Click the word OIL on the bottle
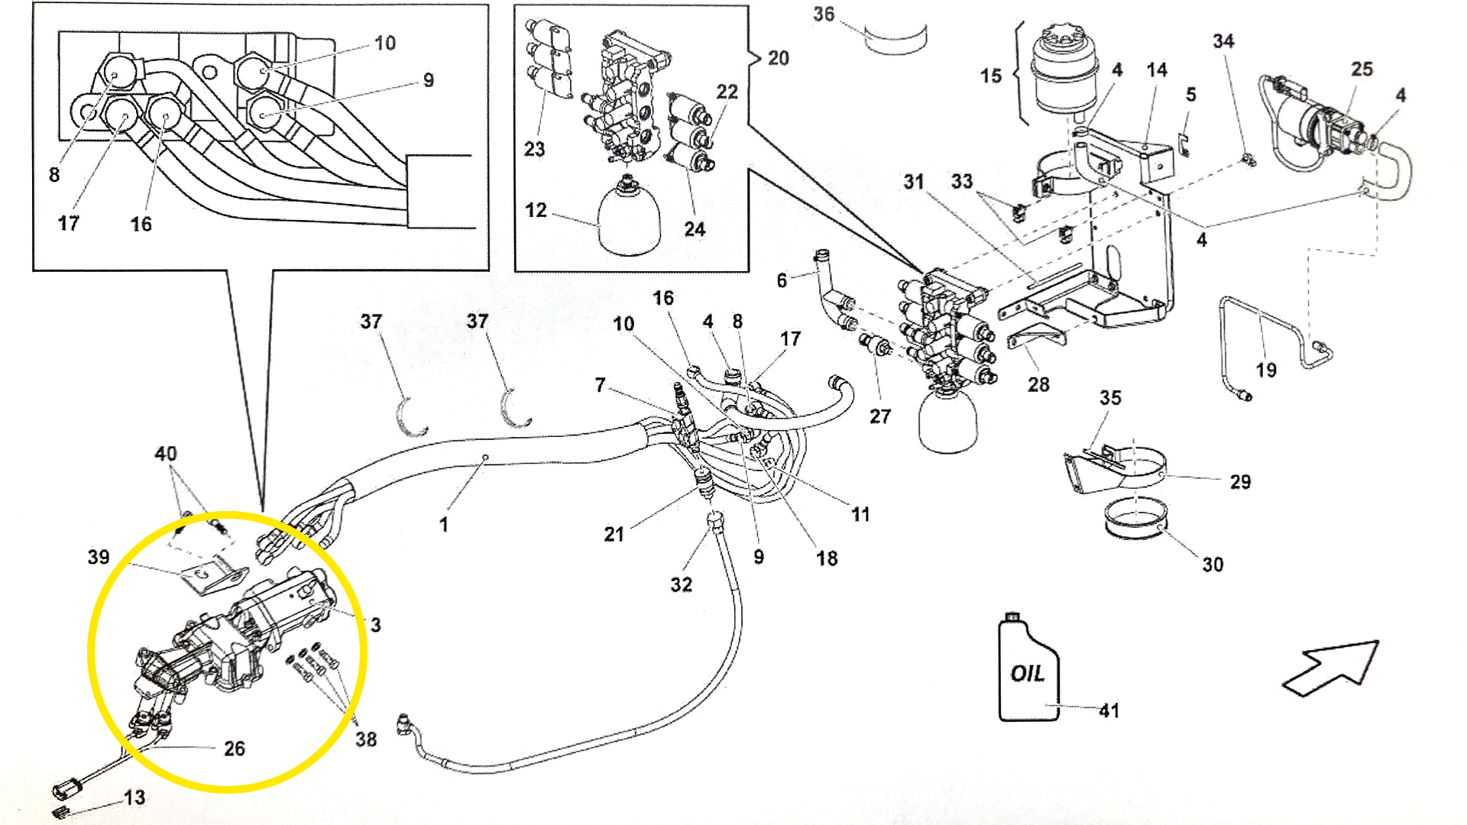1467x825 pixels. pyautogui.click(x=1028, y=673)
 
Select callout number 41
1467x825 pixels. pyautogui.click(x=1109, y=710)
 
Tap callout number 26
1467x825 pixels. pyautogui.click(x=235, y=749)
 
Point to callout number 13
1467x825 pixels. pyautogui.click(x=134, y=797)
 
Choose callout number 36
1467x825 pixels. pyautogui.click(x=824, y=15)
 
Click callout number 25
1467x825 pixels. pyautogui.click(x=1362, y=70)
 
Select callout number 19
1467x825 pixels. pyautogui.click(x=1266, y=370)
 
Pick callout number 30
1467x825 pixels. pyautogui.click(x=1213, y=565)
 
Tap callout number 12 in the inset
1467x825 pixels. pyautogui.click(x=536, y=210)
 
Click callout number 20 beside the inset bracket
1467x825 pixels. pyautogui.click(x=779, y=58)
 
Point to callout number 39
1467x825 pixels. pyautogui.click(x=99, y=558)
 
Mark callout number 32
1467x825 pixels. pyautogui.click(x=682, y=585)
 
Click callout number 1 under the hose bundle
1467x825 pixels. pyautogui.click(x=443, y=525)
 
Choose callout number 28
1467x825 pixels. pyautogui.click(x=1038, y=385)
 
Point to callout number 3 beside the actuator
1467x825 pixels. pyautogui.click(x=376, y=625)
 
